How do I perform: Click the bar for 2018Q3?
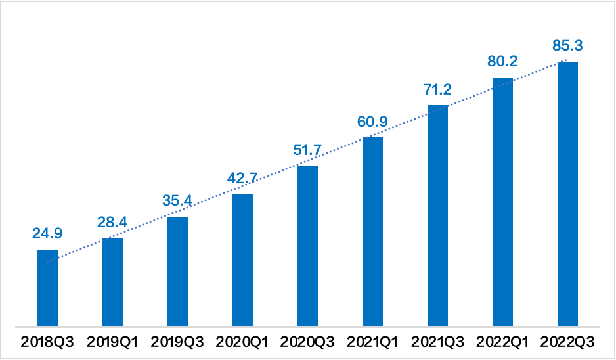tap(47, 287)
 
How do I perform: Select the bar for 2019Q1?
tap(112, 282)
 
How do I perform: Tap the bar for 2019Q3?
tap(177, 271)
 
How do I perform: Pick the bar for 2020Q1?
tap(242, 259)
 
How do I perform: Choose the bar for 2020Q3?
tap(307, 246)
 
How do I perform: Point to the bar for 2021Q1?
tap(372, 231)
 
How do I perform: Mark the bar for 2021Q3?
tap(437, 215)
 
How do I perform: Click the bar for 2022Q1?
tap(502, 201)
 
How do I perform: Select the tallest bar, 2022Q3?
tap(567, 193)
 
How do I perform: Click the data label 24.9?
tap(47, 234)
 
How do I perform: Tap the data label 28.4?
tap(112, 223)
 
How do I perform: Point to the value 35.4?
tap(177, 201)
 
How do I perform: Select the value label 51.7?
tap(307, 150)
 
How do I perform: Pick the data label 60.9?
tap(372, 122)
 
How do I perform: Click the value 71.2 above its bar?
tap(437, 89)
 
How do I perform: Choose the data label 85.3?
tap(567, 46)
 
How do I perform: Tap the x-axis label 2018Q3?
tap(47, 342)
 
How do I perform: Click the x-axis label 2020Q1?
tap(242, 342)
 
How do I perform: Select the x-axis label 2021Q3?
tap(437, 342)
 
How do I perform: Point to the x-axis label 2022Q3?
tap(567, 342)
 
